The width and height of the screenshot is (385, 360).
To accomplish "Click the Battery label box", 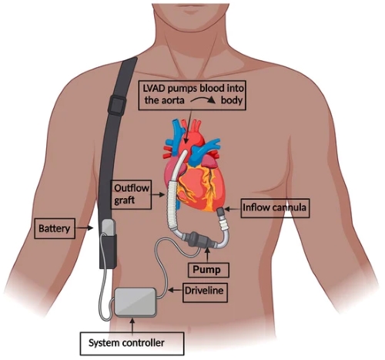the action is (x=55, y=228).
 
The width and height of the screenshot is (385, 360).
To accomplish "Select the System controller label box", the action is (x=132, y=344).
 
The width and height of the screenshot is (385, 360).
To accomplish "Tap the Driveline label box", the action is (x=205, y=292).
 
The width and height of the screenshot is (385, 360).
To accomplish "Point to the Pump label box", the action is (x=209, y=270).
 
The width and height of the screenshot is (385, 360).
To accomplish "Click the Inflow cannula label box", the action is (x=275, y=208).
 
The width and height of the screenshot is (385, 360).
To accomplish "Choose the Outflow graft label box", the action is (x=131, y=194).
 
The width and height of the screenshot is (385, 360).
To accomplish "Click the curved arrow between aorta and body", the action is (x=203, y=99).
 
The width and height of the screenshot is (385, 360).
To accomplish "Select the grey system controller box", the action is (x=136, y=301).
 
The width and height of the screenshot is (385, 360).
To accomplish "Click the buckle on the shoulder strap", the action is (x=117, y=105).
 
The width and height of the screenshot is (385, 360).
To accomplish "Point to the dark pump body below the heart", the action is (x=198, y=239).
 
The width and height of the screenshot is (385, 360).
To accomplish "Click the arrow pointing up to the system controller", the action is (x=132, y=325).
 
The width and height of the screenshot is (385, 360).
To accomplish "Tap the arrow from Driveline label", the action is (x=175, y=290).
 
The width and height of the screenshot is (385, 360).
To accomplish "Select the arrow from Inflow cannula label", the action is (x=233, y=210).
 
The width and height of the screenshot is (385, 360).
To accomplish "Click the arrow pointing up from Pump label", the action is (x=208, y=255).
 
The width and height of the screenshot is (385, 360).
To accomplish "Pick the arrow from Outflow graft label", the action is (x=158, y=194).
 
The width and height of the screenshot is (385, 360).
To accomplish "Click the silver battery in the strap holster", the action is (x=108, y=227).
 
